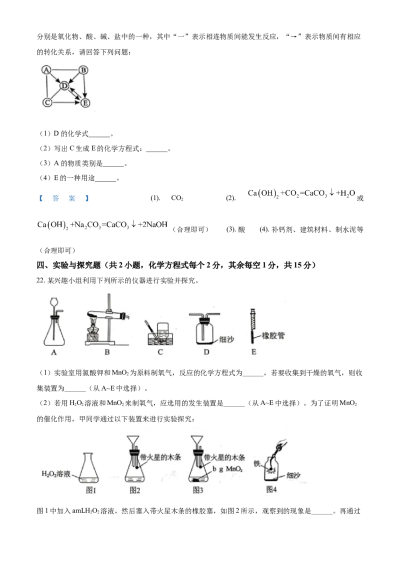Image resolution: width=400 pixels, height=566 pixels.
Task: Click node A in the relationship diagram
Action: point(46,69)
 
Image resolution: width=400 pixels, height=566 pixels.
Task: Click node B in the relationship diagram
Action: point(83,69)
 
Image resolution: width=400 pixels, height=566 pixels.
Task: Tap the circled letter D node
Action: point(64,85)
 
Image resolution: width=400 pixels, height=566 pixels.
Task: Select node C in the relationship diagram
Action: point(47,102)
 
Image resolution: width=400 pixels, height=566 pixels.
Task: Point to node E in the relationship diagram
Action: point(85,103)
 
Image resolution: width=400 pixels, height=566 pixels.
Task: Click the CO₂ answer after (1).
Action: point(177,198)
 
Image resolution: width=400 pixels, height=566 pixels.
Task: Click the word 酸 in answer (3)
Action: point(241,229)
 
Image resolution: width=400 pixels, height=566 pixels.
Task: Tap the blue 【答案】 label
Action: point(64,198)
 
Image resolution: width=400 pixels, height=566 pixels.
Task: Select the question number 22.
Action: point(40,280)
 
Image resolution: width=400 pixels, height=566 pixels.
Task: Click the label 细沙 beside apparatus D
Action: point(226,339)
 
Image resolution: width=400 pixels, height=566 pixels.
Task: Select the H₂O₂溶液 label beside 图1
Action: point(56,473)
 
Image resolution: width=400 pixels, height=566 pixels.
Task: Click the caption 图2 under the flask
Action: point(134,490)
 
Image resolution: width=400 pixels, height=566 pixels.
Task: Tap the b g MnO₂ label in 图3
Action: point(227,469)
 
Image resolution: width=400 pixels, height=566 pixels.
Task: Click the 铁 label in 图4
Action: point(256,463)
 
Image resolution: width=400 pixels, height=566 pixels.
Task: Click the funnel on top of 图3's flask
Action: point(197,442)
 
